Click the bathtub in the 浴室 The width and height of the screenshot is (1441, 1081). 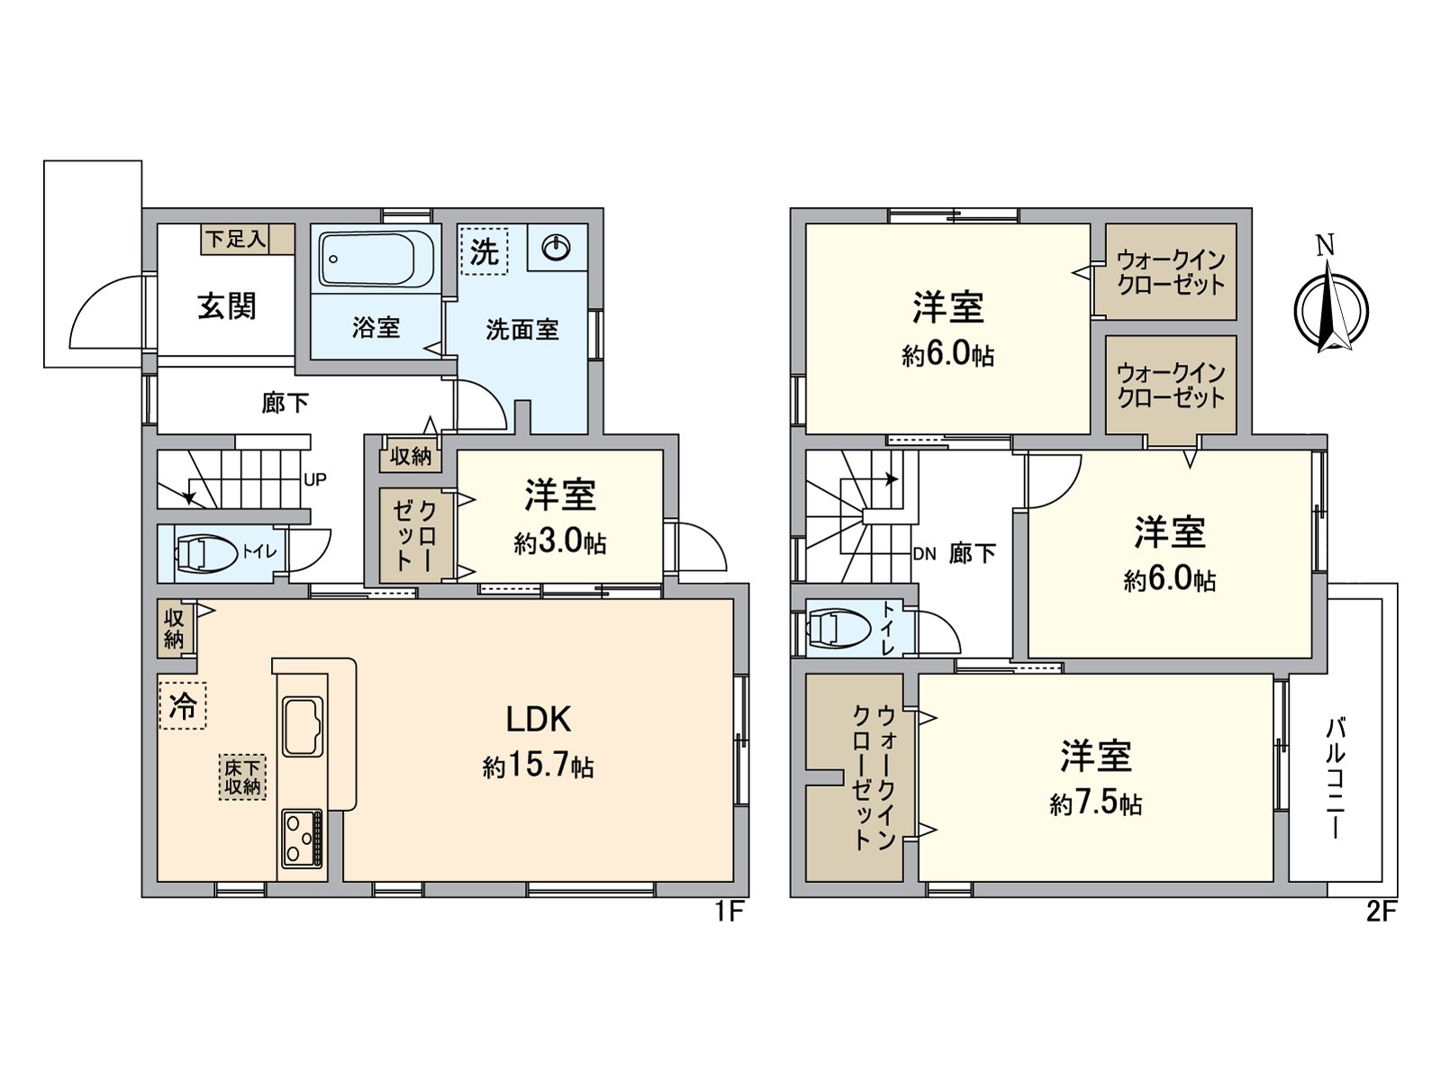[376, 259]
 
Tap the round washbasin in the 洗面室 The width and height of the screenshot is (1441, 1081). [557, 247]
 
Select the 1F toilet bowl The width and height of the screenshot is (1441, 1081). [204, 553]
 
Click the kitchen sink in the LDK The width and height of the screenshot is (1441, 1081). [303, 726]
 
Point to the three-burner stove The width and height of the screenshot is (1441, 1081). [302, 839]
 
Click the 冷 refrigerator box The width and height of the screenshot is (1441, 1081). [183, 705]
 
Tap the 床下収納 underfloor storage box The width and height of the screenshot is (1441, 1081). [242, 777]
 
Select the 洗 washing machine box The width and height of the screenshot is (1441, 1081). [485, 251]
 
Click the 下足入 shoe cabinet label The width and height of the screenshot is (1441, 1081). [236, 240]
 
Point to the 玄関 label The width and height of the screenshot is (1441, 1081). [227, 306]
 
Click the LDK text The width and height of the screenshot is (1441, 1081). [538, 719]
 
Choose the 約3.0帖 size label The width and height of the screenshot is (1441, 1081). [560, 542]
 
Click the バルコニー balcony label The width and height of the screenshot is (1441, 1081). [1336, 778]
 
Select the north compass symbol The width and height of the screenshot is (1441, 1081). [1330, 306]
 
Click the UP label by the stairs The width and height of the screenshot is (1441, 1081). [314, 479]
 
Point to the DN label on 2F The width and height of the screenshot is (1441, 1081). [924, 554]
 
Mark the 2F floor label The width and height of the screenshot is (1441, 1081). [1380, 912]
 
